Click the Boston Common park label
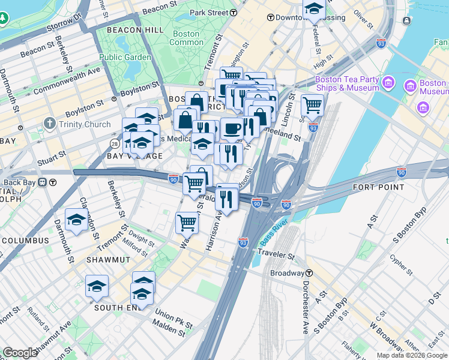click(x=187, y=38)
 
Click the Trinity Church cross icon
click(x=49, y=125)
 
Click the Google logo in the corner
click(x=20, y=353)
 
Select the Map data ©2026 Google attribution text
click(x=412, y=355)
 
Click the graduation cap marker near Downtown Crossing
click(x=313, y=9)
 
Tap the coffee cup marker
click(x=232, y=127)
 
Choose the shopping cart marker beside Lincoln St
click(x=312, y=104)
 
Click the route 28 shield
click(x=114, y=142)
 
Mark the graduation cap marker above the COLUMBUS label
click(x=76, y=220)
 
